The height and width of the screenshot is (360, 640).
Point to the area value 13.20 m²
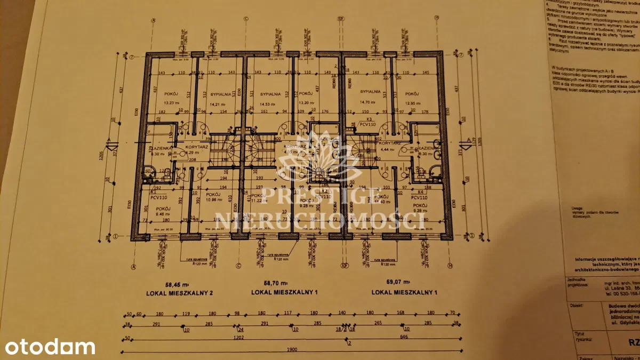point(306,103)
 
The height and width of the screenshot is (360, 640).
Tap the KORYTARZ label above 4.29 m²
point(196,146)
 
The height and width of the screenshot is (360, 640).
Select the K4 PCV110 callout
point(420,194)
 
